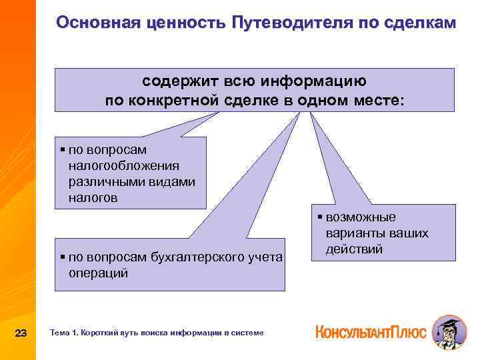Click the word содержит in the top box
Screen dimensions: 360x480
(179, 81)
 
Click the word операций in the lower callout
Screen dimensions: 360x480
(97, 273)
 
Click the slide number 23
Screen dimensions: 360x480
(21, 332)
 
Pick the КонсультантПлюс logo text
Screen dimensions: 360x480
(371, 331)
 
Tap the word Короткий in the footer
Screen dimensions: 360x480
(101, 332)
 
